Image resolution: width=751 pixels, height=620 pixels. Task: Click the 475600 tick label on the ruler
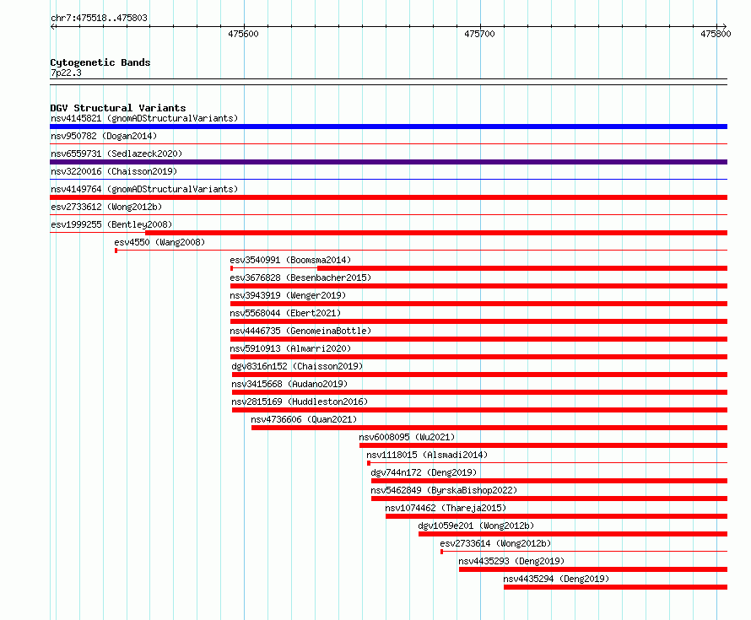[243, 34]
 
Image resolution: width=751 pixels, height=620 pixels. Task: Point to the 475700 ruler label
[479, 34]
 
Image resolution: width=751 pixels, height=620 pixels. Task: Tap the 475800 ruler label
[716, 34]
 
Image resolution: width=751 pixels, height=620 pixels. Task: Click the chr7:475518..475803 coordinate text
[99, 19]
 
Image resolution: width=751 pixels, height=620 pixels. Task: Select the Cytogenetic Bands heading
[100, 62]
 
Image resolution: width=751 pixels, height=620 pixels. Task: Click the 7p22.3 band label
[66, 73]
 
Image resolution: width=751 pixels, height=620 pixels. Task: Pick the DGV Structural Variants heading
[118, 108]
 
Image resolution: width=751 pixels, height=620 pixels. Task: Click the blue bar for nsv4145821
[388, 127]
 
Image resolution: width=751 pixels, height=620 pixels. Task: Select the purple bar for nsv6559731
[388, 162]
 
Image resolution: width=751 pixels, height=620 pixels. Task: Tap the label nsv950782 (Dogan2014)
[104, 136]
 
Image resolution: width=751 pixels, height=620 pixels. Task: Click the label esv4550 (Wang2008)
[159, 242]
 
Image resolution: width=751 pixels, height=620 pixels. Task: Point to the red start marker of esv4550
[116, 251]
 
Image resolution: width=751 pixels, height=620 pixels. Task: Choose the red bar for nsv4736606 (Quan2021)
[489, 428]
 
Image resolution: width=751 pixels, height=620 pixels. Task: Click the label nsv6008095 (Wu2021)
[407, 437]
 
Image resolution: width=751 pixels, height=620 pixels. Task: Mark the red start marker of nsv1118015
[368, 463]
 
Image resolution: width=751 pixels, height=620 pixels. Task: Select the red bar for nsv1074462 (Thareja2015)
[557, 516]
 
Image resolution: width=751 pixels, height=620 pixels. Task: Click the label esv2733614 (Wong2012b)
[495, 543]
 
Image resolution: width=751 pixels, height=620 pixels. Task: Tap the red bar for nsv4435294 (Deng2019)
[615, 587]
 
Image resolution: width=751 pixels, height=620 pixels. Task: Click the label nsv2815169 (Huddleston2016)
[300, 402]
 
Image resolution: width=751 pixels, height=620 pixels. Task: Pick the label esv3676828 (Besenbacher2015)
[300, 278]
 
